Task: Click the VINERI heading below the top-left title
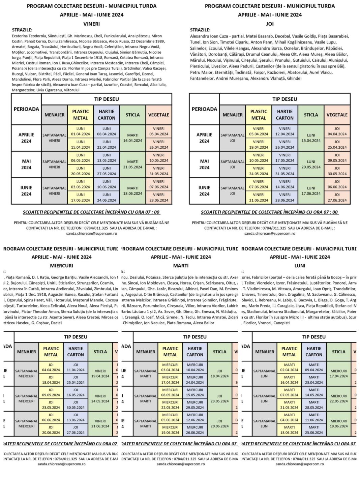pos(91,24)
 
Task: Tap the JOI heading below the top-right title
pos(270,24)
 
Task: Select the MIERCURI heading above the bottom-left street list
pos(61,266)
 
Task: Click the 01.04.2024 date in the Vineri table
pos(81,134)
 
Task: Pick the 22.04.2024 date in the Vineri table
pos(107,147)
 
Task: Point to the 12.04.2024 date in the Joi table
pos(285,134)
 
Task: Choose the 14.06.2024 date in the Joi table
pos(285,187)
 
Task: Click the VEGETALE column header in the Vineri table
pos(159,115)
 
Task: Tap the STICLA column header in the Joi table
pos(311,115)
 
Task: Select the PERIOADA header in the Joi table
pos(204,109)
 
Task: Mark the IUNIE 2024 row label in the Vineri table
pos(26,191)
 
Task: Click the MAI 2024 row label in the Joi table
pos(204,164)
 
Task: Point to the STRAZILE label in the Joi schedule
pos(200,30)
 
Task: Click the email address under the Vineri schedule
pos(92,233)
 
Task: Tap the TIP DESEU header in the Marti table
pos(195,337)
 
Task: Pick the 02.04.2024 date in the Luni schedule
pos(289,370)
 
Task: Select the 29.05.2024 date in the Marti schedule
pos(195,407)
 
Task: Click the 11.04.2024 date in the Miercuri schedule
pos(76,370)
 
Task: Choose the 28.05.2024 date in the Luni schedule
pos(314,407)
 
